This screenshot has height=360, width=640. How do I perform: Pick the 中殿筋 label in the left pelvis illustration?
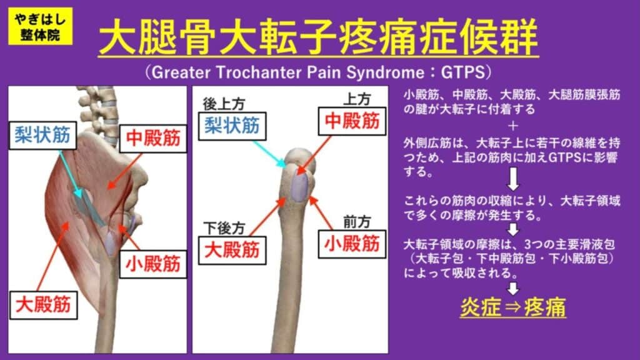(152, 137)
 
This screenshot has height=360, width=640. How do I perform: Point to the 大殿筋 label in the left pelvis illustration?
(43, 306)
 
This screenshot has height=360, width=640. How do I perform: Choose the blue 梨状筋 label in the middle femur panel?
(232, 126)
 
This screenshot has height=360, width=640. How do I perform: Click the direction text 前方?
(357, 221)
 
